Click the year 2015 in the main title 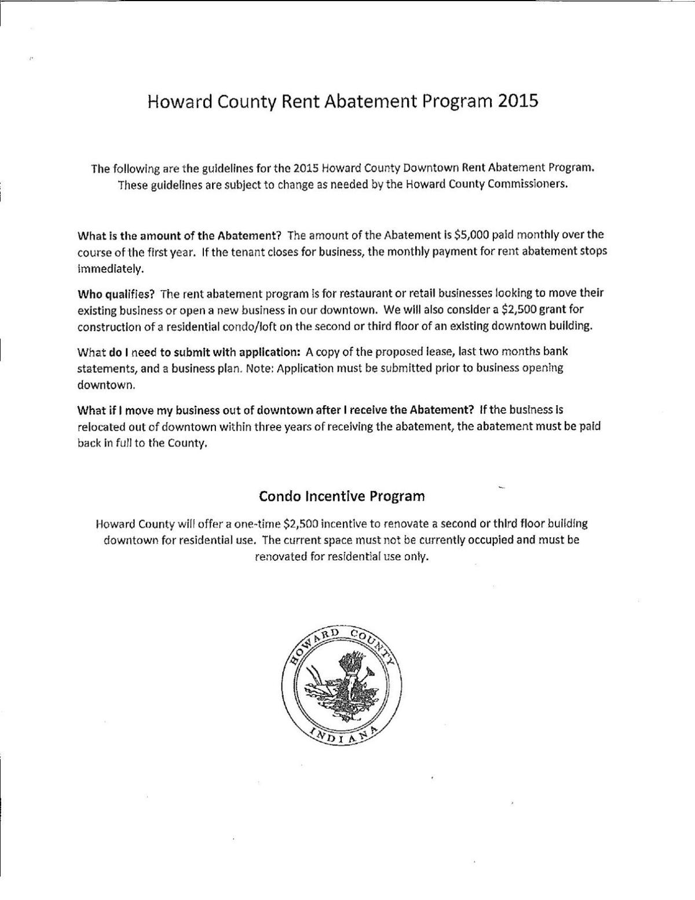517,101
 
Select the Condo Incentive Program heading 342,496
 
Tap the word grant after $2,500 556,309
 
